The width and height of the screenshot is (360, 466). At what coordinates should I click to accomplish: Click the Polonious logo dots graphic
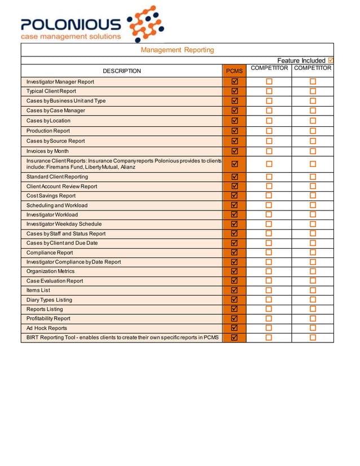coord(146,24)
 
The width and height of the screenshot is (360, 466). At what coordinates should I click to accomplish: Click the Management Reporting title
coord(177,50)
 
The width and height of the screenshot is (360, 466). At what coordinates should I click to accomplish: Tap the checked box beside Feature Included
coord(331,60)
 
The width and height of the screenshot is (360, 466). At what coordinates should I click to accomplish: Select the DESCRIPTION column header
coord(122,71)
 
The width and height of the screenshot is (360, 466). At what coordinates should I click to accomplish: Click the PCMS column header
coord(234,71)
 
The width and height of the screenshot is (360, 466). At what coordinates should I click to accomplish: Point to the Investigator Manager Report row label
coord(60,82)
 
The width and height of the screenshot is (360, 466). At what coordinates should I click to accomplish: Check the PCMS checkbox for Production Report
coord(235,131)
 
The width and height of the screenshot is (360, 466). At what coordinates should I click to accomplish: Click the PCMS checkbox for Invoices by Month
coord(235,151)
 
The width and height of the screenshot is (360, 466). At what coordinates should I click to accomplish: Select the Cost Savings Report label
coord(51,196)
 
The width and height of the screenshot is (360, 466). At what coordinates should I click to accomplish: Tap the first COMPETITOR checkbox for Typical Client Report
coord(269,91)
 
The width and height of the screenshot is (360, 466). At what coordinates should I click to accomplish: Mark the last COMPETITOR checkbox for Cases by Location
coord(313,121)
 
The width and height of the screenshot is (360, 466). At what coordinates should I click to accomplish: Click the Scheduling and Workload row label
coord(57,205)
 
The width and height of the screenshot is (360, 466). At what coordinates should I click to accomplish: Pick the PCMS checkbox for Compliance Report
coord(235,253)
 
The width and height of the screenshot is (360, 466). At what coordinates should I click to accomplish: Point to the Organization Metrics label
coord(50,271)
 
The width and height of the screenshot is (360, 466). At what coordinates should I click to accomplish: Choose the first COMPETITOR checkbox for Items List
coord(269,290)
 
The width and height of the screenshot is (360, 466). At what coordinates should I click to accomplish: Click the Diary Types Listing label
coord(49,300)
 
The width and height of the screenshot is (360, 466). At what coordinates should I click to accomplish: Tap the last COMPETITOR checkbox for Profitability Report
coord(313,319)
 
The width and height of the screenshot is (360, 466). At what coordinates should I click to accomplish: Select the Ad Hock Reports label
coord(47,328)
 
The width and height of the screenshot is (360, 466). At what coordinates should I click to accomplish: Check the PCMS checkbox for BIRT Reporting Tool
coord(235,337)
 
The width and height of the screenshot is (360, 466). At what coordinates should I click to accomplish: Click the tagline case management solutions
coord(71,37)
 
